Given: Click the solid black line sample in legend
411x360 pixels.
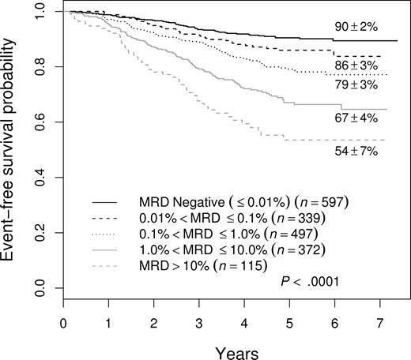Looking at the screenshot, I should point(109,199).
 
